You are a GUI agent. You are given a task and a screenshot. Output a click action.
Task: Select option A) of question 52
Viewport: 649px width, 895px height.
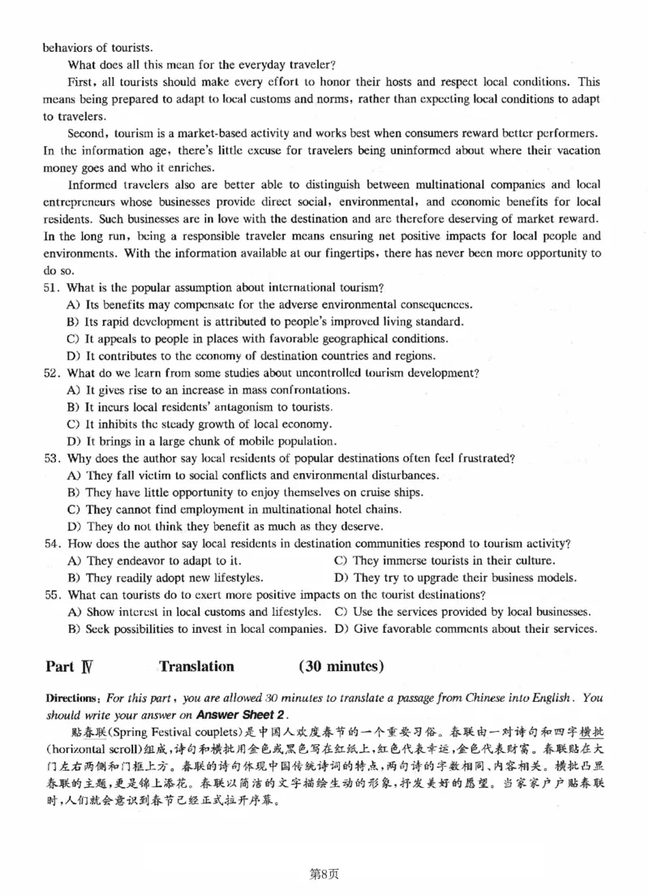(72, 389)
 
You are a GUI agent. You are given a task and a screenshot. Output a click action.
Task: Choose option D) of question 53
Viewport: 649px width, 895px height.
(72, 526)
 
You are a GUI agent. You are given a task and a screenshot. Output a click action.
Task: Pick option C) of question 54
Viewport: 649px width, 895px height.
(340, 561)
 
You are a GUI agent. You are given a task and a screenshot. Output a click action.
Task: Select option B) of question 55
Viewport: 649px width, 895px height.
(72, 629)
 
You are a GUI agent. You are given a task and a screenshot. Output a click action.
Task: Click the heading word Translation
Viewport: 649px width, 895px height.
(196, 667)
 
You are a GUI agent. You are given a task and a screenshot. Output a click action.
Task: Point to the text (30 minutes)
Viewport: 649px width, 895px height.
(341, 667)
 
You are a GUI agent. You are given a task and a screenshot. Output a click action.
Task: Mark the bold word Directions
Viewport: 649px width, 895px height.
(69, 698)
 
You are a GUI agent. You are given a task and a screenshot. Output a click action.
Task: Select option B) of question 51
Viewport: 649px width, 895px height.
(72, 321)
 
